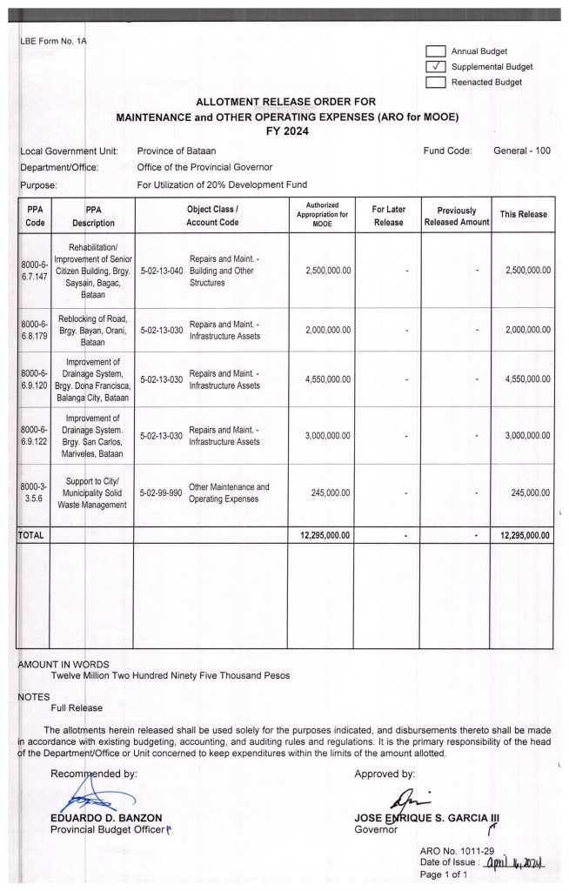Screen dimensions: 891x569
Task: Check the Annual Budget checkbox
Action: click(436, 51)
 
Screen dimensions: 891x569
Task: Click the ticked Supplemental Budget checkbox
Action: click(436, 67)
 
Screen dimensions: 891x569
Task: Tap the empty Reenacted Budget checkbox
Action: click(436, 83)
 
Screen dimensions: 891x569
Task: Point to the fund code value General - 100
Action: click(522, 151)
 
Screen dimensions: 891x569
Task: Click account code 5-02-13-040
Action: click(161, 271)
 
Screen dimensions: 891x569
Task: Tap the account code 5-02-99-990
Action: click(161, 493)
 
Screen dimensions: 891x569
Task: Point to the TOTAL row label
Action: click(31, 535)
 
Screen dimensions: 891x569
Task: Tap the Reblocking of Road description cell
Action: click(91, 330)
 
